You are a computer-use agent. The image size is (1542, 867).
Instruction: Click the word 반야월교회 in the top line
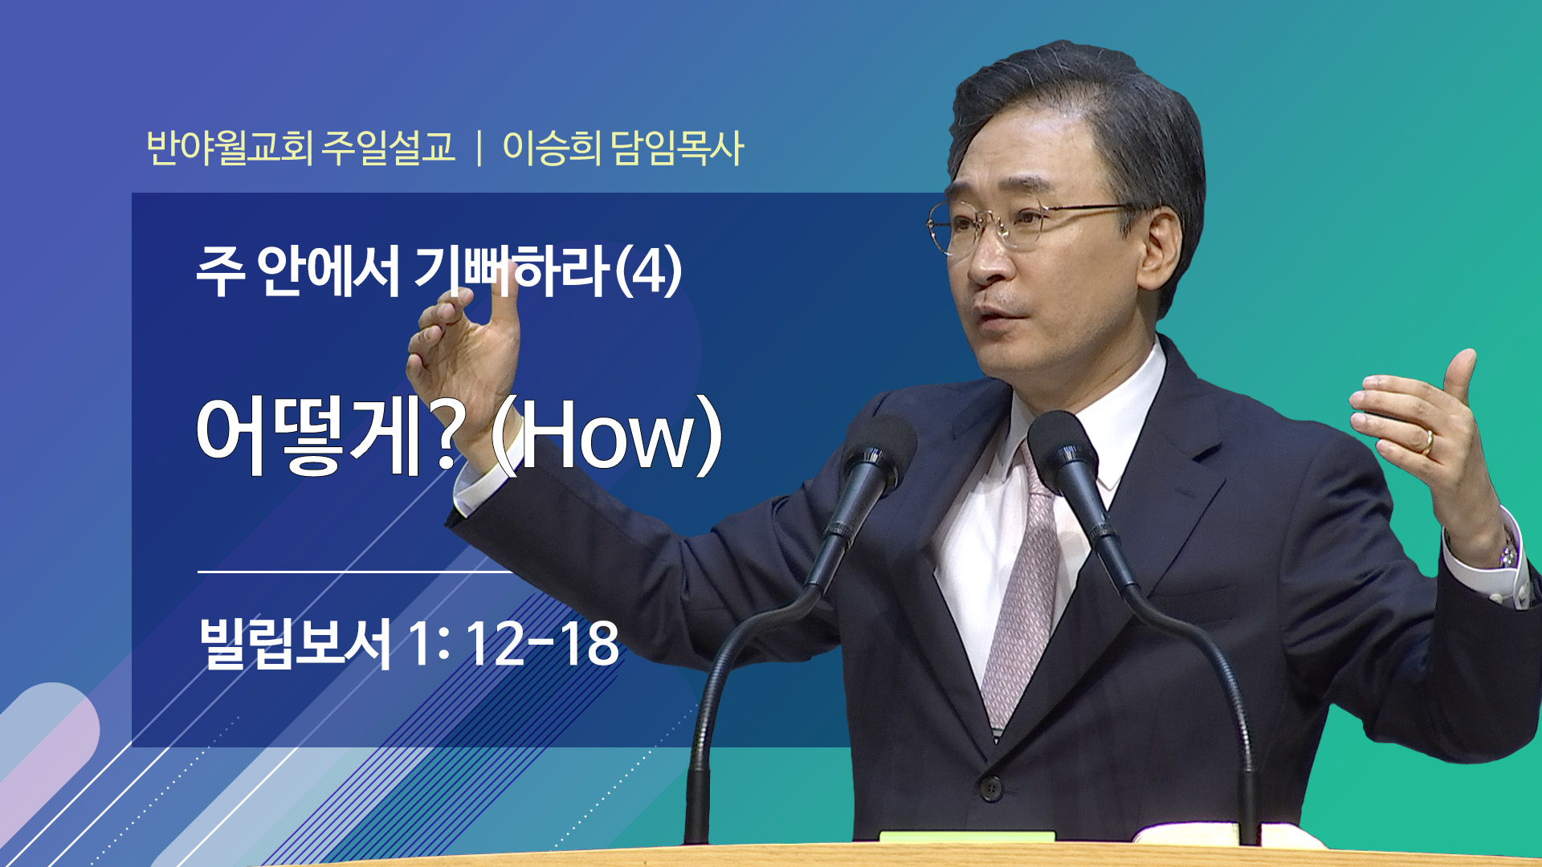[230, 148]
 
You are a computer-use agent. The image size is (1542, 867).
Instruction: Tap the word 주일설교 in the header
[389, 148]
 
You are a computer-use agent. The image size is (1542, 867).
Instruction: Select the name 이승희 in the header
[551, 148]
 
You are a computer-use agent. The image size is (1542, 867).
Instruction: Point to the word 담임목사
[677, 148]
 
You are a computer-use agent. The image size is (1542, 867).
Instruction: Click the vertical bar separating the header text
[479, 149]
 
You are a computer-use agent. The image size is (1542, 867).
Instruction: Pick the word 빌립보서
[295, 642]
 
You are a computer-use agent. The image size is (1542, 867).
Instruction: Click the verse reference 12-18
[542, 643]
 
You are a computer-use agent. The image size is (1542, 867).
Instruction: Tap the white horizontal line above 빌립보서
[354, 572]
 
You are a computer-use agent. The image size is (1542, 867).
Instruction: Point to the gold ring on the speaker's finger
[1429, 441]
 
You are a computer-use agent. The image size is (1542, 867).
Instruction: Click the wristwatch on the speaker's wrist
[1507, 551]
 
